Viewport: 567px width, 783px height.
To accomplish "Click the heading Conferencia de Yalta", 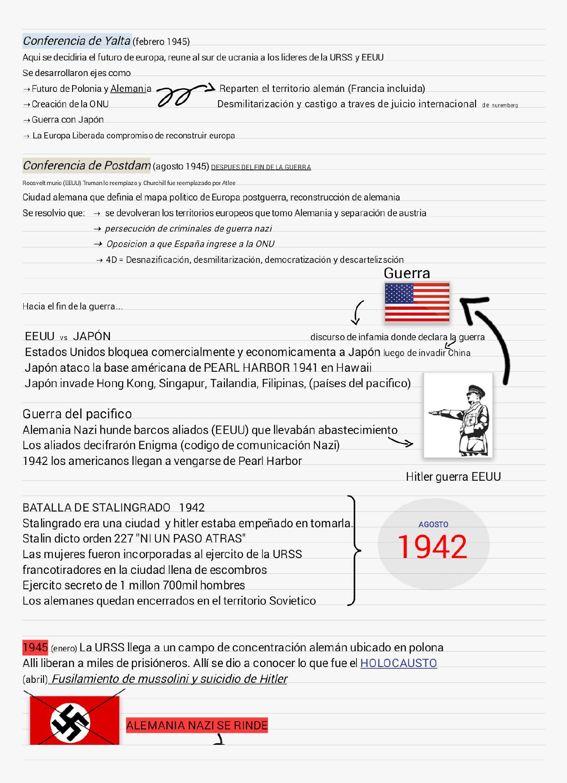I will coord(77,41).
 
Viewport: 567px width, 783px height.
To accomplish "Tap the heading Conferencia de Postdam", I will coord(87,166).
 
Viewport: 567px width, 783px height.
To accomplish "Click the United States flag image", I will coord(417,302).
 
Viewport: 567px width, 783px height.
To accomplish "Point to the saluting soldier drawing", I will coord(458,415).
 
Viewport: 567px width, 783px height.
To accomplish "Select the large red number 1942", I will coord(432,547).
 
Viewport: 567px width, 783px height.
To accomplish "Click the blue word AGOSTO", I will coord(433,524).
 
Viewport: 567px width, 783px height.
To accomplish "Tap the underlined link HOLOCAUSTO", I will coord(398,663).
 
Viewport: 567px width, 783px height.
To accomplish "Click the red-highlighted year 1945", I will coord(35,647).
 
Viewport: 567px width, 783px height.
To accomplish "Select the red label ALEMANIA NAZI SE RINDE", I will coord(197,725).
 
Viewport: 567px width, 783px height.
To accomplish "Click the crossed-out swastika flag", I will coord(74,720).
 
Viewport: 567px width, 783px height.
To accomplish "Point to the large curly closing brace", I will coord(354,550).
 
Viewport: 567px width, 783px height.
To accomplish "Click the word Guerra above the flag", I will coord(407,273).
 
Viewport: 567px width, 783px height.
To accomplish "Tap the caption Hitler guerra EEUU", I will coord(453,477).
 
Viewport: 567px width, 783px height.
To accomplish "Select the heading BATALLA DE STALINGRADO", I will coord(96,507).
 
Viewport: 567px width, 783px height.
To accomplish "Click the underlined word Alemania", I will coord(131,89).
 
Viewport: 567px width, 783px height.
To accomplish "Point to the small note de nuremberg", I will coord(500,105).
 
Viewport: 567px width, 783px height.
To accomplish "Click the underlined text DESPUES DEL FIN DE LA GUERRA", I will coord(261,167).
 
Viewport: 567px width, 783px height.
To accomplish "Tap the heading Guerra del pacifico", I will coord(77,414).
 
